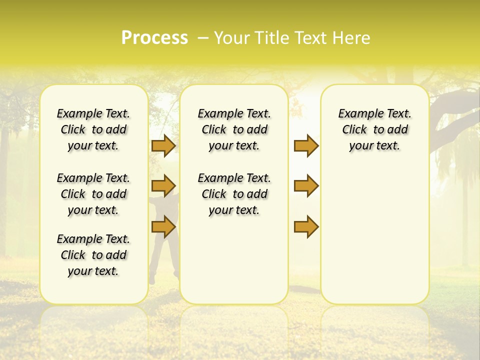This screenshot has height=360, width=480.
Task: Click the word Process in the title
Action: click(154, 37)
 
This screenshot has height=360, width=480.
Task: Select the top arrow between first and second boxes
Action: click(163, 145)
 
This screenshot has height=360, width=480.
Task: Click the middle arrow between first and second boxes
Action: click(163, 186)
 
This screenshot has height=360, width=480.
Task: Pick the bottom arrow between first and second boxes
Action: click(163, 227)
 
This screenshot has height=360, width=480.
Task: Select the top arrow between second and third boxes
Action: click(306, 145)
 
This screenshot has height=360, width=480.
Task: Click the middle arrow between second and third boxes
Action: click(306, 186)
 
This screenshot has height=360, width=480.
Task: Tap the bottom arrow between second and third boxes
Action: click(306, 227)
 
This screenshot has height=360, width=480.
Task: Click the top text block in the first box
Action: click(93, 129)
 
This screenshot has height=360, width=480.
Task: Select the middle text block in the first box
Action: click(93, 194)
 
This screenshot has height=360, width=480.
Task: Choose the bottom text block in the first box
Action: click(93, 255)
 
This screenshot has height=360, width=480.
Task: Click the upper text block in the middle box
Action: click(234, 129)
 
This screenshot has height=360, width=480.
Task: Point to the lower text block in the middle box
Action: click(234, 194)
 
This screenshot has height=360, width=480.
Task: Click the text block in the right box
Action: click(374, 129)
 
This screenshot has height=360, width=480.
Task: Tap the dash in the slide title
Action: click(203, 38)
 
